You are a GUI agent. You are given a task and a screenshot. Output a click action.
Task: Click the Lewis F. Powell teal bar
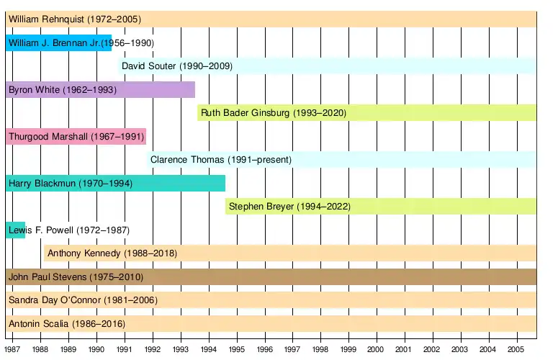15,230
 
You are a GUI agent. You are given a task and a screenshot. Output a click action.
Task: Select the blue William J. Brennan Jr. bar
58,43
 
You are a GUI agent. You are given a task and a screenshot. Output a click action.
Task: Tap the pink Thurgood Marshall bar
76,136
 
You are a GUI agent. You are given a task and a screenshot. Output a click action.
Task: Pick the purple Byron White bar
100,90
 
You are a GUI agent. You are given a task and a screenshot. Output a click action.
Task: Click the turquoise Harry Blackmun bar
115,183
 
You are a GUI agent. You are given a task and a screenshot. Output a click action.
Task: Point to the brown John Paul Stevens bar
271,276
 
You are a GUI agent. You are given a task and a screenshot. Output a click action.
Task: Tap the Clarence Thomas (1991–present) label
221,160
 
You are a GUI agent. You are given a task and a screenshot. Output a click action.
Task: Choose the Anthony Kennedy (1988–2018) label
112,253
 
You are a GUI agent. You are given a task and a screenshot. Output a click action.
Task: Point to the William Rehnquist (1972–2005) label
75,19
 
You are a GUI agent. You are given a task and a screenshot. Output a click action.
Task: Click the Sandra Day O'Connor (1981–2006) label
83,300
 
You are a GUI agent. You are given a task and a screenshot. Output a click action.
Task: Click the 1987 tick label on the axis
12,348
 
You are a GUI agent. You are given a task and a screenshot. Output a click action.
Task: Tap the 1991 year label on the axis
125,348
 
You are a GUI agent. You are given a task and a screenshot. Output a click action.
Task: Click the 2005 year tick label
516,348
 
